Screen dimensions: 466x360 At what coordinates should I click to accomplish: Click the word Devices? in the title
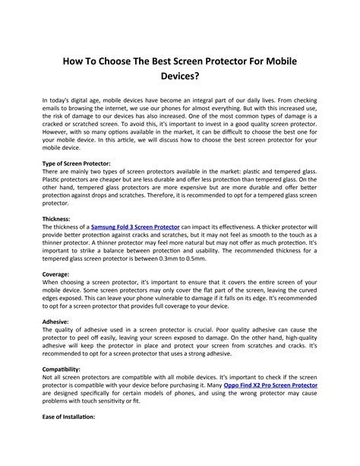(x=179, y=77)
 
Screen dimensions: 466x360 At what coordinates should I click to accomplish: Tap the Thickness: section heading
(x=57, y=218)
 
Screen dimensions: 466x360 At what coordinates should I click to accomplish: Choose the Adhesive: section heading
(x=55, y=322)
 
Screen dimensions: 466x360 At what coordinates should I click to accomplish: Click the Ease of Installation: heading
(x=68, y=417)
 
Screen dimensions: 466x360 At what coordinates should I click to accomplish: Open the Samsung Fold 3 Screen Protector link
(x=135, y=227)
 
